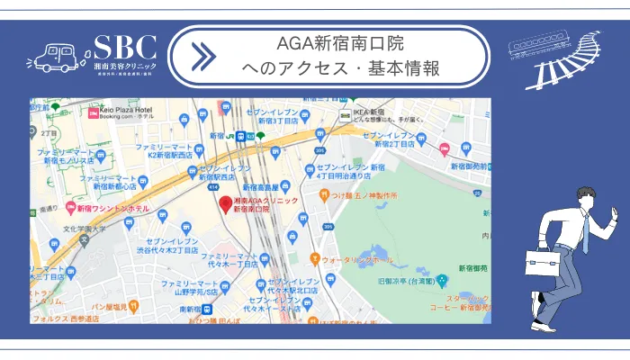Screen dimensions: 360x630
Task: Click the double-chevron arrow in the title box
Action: [204, 56]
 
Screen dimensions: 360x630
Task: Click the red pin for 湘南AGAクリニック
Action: [225, 203]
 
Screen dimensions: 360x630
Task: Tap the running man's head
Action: [587, 199]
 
